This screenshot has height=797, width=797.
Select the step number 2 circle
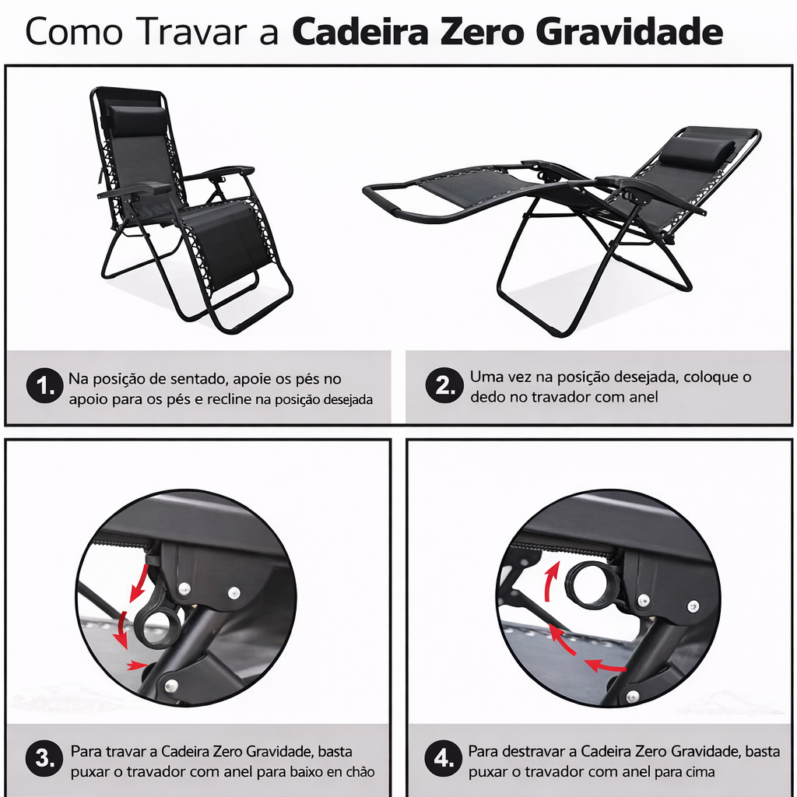point(444,387)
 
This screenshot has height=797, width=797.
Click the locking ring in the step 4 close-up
point(592,584)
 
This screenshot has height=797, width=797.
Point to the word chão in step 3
point(359,772)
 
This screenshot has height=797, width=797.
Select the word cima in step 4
point(698,772)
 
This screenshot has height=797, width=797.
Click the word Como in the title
point(73,33)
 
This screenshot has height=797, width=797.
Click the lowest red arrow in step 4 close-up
point(605,666)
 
